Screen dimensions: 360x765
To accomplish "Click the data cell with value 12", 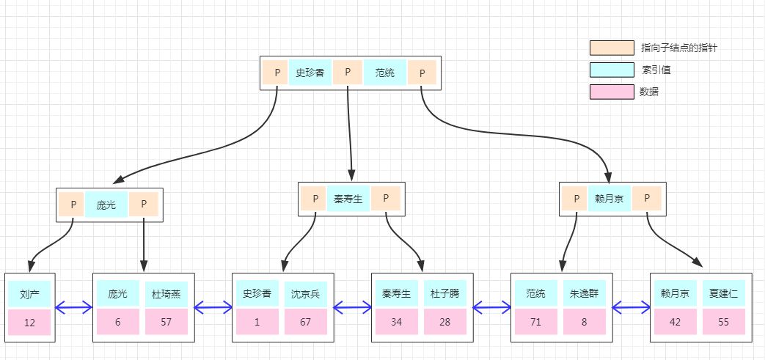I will pos(29,322).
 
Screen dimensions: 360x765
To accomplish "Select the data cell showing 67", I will pos(304,322).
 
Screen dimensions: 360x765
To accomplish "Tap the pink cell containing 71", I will pos(535,322).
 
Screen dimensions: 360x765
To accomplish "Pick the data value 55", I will pos(724,322).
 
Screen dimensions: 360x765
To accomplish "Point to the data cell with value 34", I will pos(396,322).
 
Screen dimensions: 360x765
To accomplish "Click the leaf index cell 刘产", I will pos(29,293).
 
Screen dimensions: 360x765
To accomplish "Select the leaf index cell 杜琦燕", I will pos(166,293).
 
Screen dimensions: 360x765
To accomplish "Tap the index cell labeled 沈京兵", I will pos(304,293).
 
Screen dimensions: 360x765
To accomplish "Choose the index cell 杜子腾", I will pos(444,293).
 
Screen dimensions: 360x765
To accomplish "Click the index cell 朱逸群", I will pos(584,293).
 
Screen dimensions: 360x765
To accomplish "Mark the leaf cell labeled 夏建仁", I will pos(724,293).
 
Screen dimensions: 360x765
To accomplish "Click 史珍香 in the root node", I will pos(310,73).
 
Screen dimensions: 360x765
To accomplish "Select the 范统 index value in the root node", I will pos(384,73).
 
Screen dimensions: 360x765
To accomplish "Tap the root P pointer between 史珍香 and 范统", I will pos(347,73).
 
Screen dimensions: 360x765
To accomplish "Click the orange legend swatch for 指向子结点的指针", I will pos(612,48).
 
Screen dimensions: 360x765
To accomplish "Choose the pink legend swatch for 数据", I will pos(612,92).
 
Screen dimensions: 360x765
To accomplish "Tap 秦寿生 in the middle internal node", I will pos(348,199).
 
